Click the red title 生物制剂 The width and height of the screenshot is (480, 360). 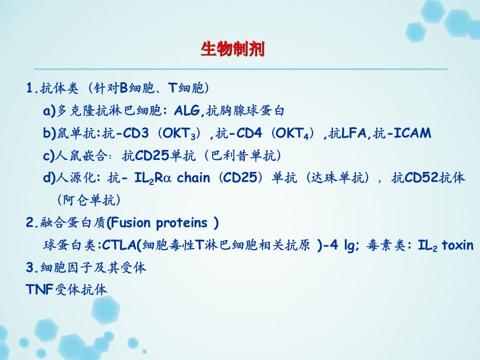[x=232, y=49]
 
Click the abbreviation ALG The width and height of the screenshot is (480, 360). [x=187, y=110]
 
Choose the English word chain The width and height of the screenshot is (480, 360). [x=193, y=177]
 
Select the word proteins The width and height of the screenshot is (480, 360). [x=182, y=223]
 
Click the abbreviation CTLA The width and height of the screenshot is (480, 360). [x=119, y=245]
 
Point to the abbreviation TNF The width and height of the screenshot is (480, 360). [x=40, y=289]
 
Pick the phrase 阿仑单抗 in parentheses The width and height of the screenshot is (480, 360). [x=89, y=200]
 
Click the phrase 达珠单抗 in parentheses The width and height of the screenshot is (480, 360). [x=337, y=177]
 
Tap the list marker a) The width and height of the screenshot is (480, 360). [x=49, y=111]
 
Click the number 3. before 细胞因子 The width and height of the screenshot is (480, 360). [x=32, y=267]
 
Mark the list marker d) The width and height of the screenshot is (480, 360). [x=49, y=178]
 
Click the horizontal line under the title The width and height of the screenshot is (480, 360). [x=240, y=69]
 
